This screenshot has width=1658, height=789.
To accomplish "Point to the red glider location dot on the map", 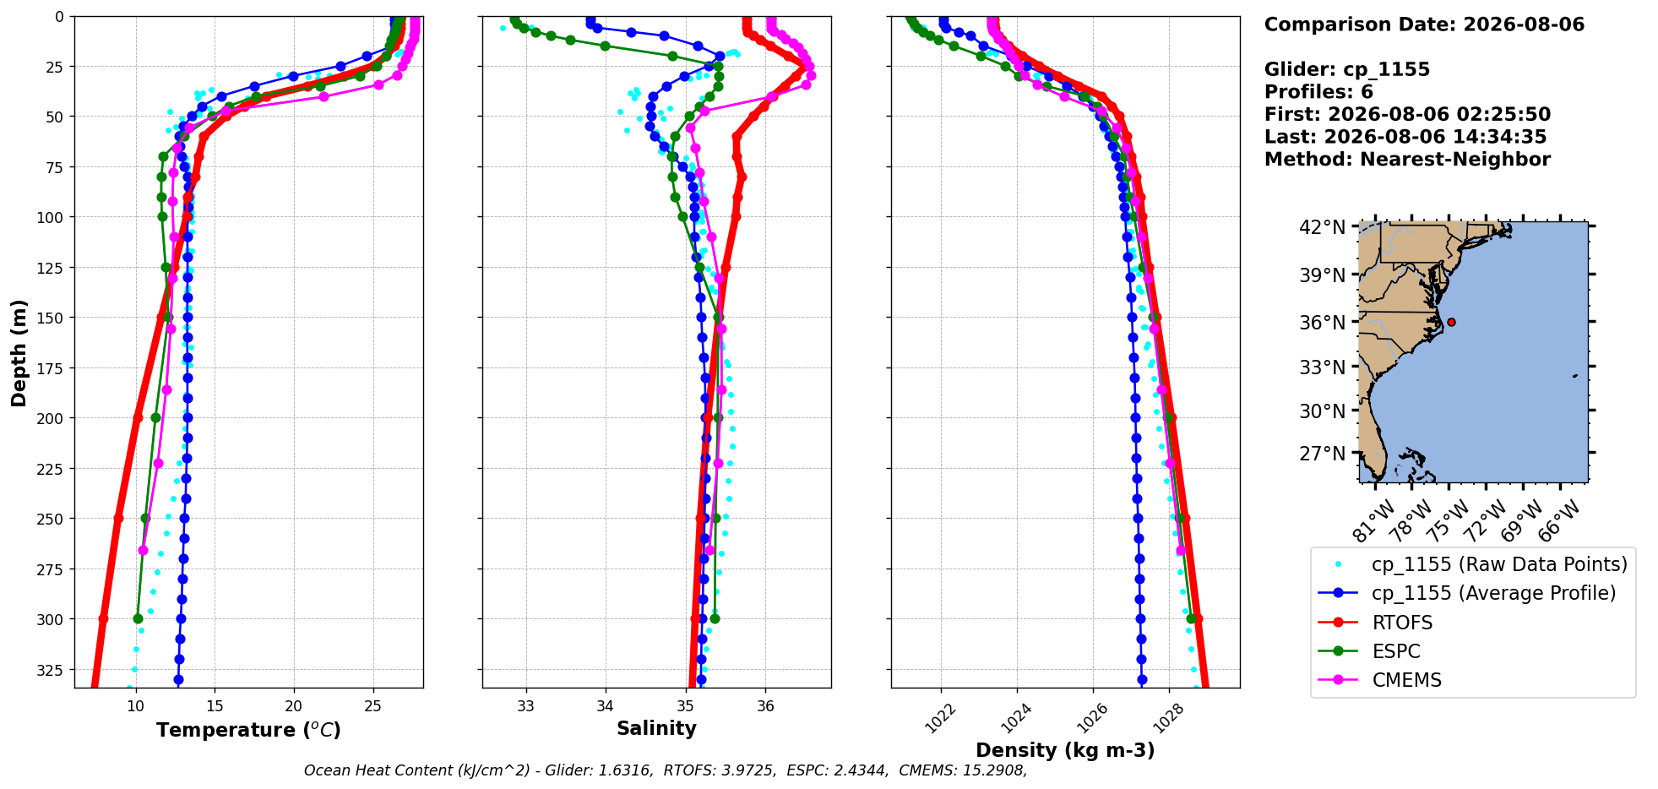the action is [1451, 322].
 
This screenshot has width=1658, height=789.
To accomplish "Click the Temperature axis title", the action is [248, 730].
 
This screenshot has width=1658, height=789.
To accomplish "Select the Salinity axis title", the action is [656, 728].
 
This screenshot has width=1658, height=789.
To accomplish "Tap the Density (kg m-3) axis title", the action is [1065, 750].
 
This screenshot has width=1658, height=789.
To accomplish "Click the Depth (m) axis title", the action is [19, 352].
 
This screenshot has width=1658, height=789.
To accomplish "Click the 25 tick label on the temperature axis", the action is [372, 706].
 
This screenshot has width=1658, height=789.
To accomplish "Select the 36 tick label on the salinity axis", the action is [765, 706].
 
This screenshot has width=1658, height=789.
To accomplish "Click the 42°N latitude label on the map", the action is [1323, 227].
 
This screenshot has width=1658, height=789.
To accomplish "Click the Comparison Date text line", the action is [1424, 24].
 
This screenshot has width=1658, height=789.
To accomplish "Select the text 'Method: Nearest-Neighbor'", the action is [1407, 160].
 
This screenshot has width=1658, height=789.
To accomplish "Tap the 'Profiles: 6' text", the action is [1318, 92].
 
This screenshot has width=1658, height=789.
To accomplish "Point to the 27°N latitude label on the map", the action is [1323, 454].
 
